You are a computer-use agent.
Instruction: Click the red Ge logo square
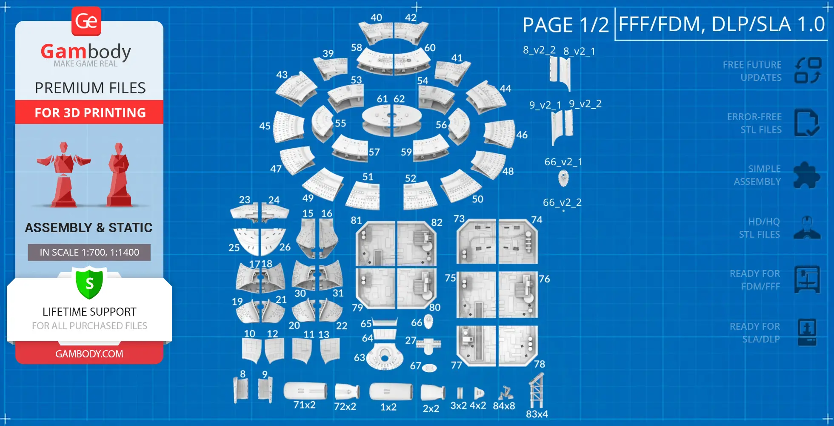click(x=86, y=21)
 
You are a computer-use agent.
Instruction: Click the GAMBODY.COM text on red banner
click(x=89, y=354)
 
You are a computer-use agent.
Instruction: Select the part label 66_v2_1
click(x=563, y=162)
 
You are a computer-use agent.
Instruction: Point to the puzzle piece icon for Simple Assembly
click(x=806, y=175)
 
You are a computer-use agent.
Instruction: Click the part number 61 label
click(x=382, y=99)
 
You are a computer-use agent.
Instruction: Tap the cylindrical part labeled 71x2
click(x=305, y=391)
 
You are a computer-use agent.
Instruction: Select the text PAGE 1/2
click(x=566, y=25)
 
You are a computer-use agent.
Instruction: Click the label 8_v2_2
click(x=539, y=50)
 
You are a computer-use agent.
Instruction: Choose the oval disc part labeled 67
click(x=429, y=367)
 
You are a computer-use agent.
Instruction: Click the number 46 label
click(x=522, y=135)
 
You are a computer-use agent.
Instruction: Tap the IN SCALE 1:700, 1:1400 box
click(x=89, y=252)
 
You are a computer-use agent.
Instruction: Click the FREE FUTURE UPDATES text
click(x=752, y=71)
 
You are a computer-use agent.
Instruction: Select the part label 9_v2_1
click(x=545, y=105)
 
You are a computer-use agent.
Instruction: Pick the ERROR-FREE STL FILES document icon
click(x=806, y=123)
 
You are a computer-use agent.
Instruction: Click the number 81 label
click(x=356, y=220)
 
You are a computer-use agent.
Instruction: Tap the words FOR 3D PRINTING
click(x=90, y=112)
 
